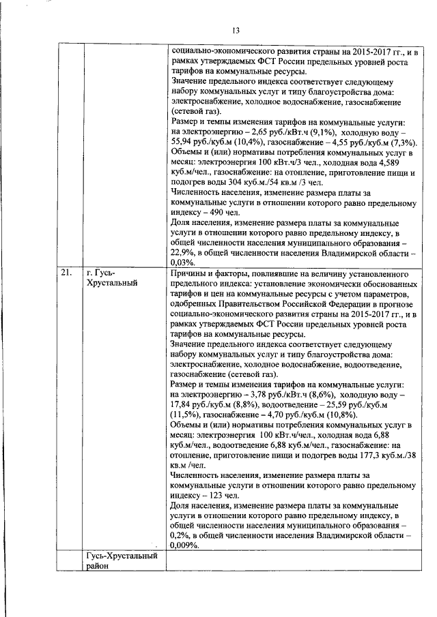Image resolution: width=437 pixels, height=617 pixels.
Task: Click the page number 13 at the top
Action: (x=236, y=31)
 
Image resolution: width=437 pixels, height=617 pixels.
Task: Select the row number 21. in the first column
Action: (x=66, y=273)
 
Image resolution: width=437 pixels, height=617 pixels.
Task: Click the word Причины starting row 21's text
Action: (x=188, y=273)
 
